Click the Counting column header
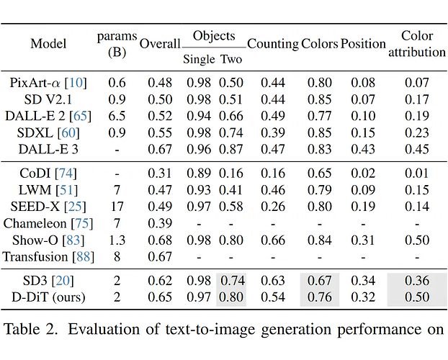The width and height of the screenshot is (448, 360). (x=273, y=44)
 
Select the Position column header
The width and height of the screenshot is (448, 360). (x=363, y=44)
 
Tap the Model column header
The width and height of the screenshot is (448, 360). (x=48, y=44)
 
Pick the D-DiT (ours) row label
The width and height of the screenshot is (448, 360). (x=48, y=297)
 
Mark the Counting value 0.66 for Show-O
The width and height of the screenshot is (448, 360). (x=273, y=240)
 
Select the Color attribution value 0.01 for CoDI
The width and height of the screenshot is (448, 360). (x=417, y=173)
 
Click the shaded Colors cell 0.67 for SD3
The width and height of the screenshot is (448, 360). (x=320, y=281)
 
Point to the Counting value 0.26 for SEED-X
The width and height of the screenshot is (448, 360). (x=273, y=206)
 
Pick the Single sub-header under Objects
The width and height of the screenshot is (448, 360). (x=198, y=59)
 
